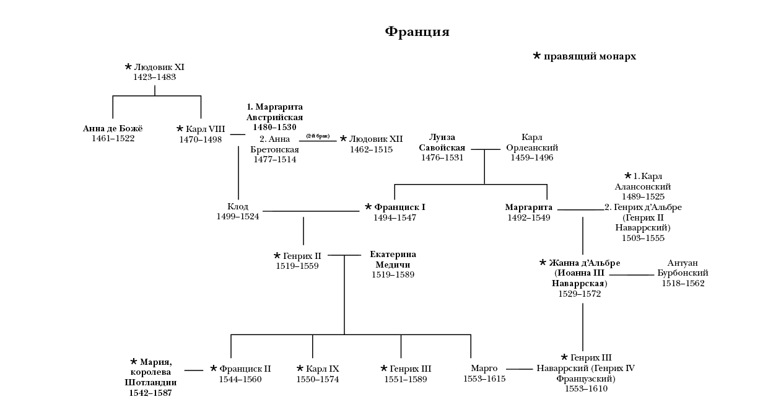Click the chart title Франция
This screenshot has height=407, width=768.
pos(417,32)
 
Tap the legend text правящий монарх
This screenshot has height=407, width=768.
pos(590,56)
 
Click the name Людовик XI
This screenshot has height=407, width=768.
pos(159,67)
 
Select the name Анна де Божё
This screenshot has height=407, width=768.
pos(113,129)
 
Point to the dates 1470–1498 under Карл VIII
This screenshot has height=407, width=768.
pos(201,139)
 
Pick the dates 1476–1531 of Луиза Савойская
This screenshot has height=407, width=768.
pos(442,158)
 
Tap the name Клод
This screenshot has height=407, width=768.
pos(238,207)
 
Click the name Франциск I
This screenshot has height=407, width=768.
pos(399,208)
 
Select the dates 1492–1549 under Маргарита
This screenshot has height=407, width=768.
pos(529,217)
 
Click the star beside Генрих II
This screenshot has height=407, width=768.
pos(277,256)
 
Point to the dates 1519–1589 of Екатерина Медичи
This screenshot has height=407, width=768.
pos(393,274)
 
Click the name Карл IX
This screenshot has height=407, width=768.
pos(323,369)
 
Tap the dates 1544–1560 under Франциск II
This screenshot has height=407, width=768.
pos(240,379)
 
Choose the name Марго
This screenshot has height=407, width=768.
pos(484,369)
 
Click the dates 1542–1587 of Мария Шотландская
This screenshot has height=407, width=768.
pos(151,393)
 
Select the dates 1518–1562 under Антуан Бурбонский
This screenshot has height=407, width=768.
pos(683,283)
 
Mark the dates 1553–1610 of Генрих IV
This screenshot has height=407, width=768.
pos(586,388)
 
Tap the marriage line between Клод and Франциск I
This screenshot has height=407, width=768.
pos(316,212)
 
